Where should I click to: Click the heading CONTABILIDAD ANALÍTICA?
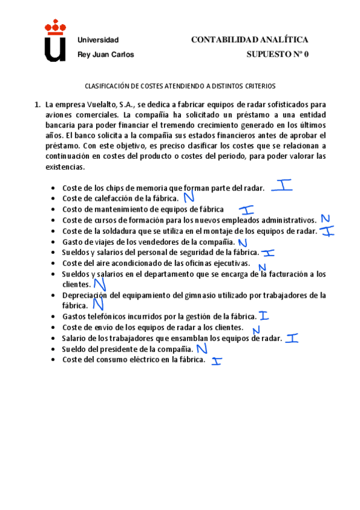click(x=249, y=40)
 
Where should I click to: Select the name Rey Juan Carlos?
click(x=106, y=54)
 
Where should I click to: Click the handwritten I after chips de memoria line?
click(x=282, y=186)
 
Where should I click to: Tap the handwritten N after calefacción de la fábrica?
click(x=189, y=196)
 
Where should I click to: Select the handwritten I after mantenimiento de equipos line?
click(x=246, y=210)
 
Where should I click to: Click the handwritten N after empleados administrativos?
click(x=326, y=219)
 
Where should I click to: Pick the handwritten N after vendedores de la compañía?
click(x=242, y=242)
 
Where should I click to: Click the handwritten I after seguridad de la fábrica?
click(x=268, y=253)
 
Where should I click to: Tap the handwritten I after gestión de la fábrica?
click(x=263, y=315)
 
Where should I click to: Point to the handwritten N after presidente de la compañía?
click(x=202, y=348)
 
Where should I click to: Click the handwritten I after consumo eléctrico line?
click(x=216, y=361)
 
